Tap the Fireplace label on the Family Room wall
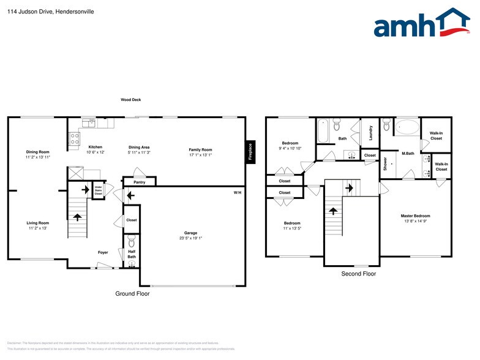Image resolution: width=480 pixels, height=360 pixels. tap(250, 152)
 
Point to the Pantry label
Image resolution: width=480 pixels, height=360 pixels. tap(139, 182)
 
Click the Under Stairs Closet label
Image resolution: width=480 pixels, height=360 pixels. tap(98, 190)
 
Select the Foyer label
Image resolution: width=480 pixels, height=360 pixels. tap(103, 252)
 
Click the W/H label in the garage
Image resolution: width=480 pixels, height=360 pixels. tap(238, 193)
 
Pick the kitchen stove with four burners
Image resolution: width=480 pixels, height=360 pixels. tap(75, 140)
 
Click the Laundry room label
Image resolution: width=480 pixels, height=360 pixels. tap(370, 132)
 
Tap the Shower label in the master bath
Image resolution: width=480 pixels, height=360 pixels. tap(385, 163)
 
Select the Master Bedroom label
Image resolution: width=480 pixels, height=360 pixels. tap(415, 216)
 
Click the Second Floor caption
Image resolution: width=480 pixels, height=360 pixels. tap(358, 274)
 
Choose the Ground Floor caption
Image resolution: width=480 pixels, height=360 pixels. tap(132, 294)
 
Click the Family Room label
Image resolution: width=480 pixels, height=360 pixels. tap(200, 149)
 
